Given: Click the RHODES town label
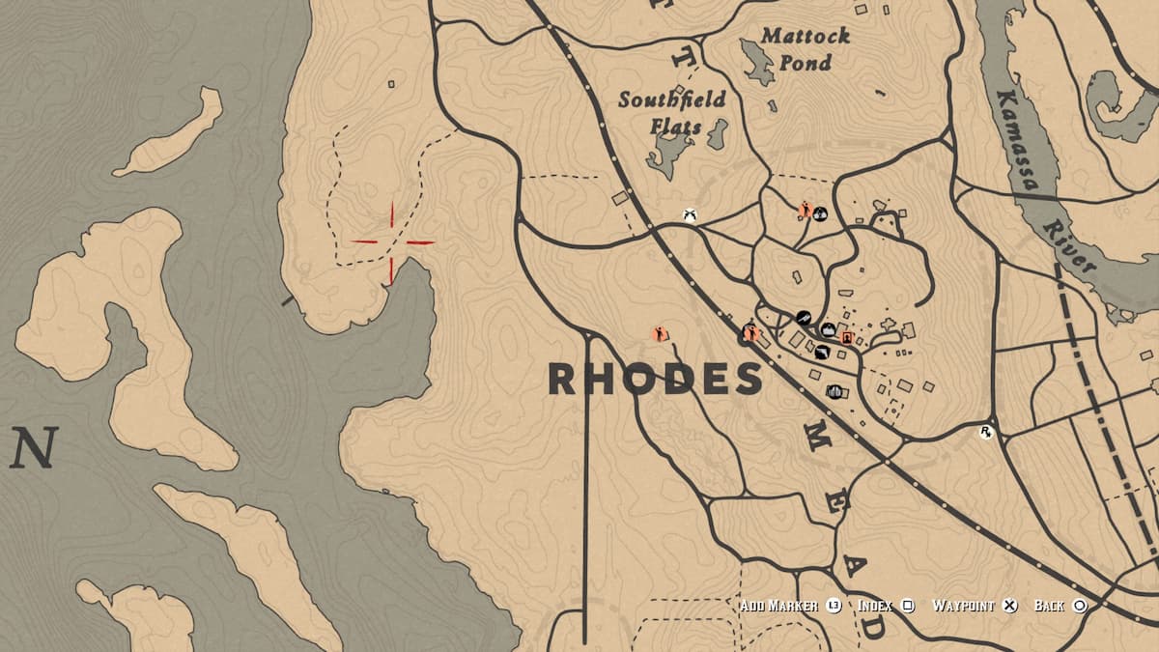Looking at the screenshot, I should pos(655,380).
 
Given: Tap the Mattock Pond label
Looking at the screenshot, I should pos(805,49).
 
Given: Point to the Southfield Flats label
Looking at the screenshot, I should pos(672,112).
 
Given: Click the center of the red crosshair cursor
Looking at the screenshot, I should pos(391,242).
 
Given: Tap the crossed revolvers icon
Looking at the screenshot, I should pos(690,214).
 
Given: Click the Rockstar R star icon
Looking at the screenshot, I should pos(986,433).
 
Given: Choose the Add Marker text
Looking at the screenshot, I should pos(779,606).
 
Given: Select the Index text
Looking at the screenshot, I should pos(875,606).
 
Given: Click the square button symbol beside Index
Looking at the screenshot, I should pos(908,606).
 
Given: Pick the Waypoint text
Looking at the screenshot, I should pos(963,606).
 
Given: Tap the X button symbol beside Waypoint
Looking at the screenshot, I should pos(1009,606).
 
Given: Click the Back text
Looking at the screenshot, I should pos(1049,606).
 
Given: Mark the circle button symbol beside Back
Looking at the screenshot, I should pos(1080,606).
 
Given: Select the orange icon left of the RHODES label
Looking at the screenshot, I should pos(662,334).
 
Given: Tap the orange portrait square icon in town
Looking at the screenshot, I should pos(847,338).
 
